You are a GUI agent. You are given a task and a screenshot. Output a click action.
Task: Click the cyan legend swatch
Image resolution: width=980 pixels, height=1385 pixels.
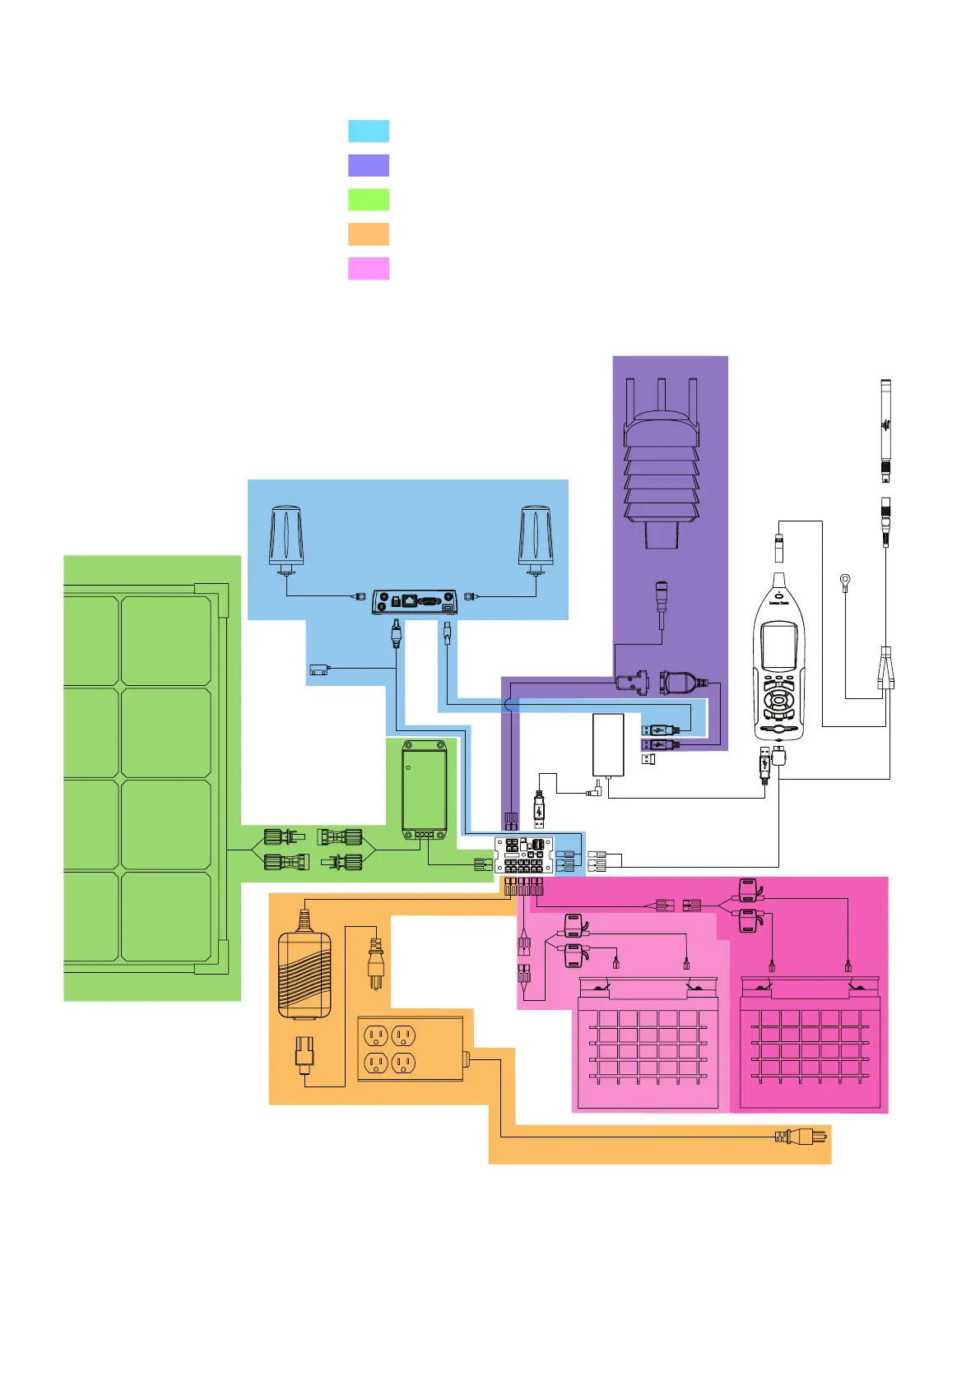coord(369,132)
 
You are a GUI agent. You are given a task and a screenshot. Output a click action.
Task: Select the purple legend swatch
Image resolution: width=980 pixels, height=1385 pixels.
coord(369,165)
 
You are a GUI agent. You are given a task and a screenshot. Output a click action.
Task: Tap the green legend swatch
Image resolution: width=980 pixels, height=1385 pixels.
coord(369,200)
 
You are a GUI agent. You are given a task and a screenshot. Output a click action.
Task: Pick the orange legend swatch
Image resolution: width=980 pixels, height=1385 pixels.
coord(369,234)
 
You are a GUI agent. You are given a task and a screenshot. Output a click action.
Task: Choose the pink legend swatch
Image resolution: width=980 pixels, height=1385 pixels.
coord(369,269)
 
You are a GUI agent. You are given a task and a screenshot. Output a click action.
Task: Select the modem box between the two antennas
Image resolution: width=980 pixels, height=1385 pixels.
coord(414,601)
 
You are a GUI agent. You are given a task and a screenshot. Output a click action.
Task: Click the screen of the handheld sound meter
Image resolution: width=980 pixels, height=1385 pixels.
coord(778,646)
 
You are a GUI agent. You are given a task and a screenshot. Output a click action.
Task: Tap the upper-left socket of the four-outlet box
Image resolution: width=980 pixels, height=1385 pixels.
coord(375,1036)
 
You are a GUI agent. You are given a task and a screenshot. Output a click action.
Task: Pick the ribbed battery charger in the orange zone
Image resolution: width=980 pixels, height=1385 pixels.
coord(304,975)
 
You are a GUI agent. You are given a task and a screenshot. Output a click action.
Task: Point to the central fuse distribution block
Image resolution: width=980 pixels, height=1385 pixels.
coord(524,855)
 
